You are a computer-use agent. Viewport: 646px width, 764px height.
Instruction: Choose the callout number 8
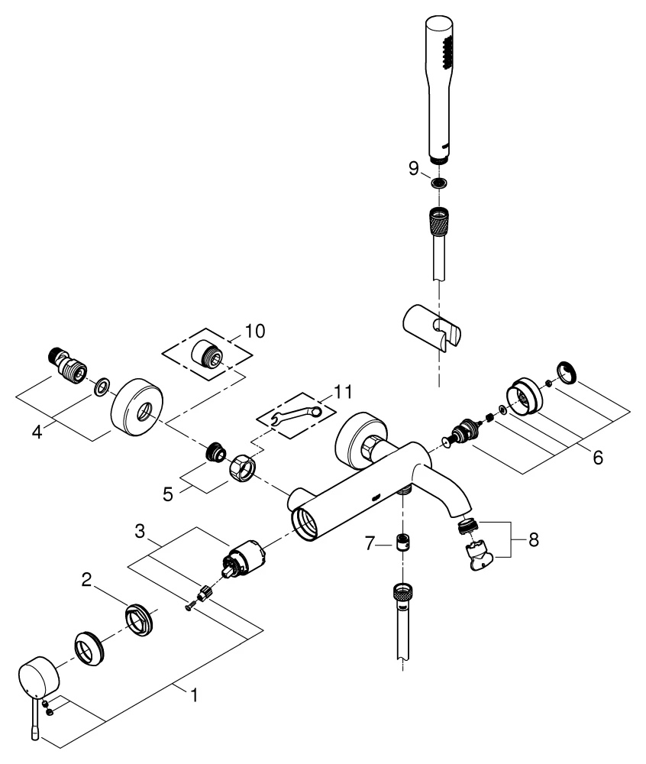click(531, 539)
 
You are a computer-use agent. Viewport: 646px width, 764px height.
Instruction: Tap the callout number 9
click(413, 169)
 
